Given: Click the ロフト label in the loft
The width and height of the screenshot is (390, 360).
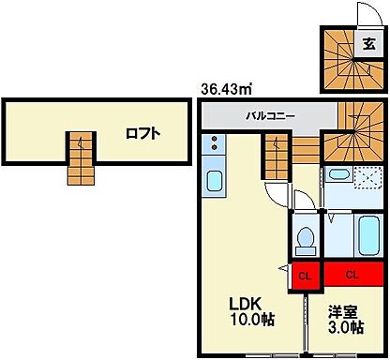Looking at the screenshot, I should [142, 132].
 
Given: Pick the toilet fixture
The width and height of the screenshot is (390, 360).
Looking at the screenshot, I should [305, 239].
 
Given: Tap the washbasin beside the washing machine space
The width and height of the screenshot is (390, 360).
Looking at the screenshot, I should [337, 175].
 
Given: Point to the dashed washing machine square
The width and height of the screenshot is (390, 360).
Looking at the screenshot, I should [367, 178].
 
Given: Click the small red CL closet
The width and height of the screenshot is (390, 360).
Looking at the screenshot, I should [303, 276].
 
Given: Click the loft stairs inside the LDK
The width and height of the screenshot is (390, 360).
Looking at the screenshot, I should [276, 156].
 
